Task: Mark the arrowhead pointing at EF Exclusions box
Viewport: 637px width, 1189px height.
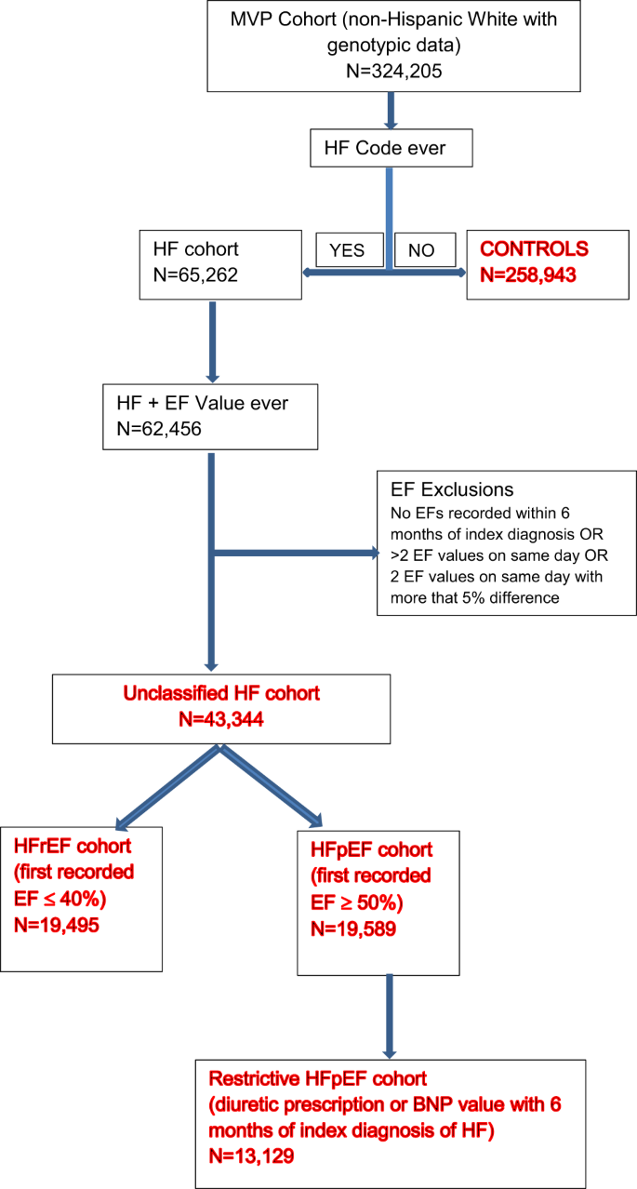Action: point(374,554)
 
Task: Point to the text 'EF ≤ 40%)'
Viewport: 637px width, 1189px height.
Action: point(61,900)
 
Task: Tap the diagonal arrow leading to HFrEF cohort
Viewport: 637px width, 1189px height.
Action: point(167,787)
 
